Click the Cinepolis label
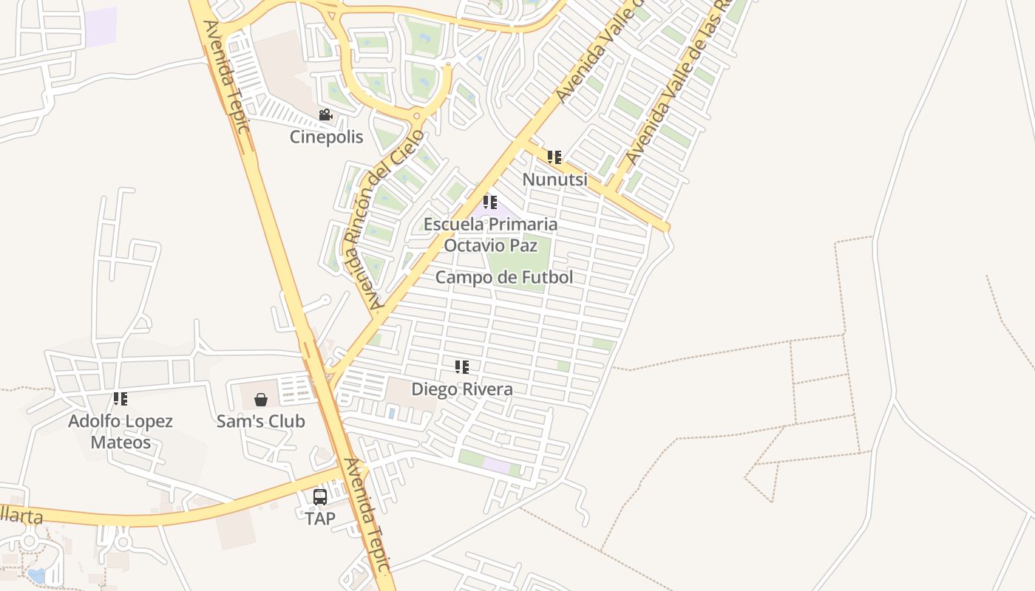tap(326, 137)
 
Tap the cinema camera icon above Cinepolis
tap(325, 115)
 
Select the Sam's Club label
tap(260, 421)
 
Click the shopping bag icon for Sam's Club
tap(261, 400)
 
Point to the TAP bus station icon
tap(320, 497)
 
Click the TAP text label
tap(320, 519)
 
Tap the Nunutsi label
tap(554, 180)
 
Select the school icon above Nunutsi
tap(554, 157)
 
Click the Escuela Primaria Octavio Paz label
tap(490, 234)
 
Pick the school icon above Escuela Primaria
tap(490, 202)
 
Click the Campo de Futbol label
tap(504, 278)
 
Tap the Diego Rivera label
tap(462, 389)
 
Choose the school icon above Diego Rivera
tap(462, 367)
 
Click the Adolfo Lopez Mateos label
tap(121, 431)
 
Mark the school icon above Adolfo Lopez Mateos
tap(121, 399)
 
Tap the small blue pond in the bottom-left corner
tap(35, 575)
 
